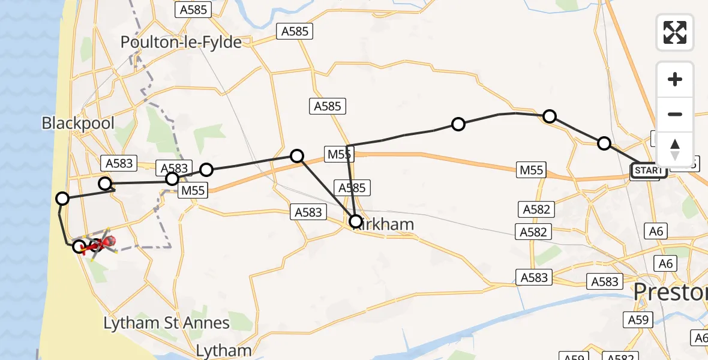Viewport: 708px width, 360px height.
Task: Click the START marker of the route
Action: point(649,170)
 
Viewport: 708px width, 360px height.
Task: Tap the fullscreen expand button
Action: point(675,32)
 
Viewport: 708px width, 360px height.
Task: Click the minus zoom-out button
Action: point(675,114)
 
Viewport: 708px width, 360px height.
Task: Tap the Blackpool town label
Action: point(78,124)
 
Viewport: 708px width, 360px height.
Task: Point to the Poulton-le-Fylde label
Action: point(181,42)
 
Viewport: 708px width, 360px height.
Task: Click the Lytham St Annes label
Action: point(166,323)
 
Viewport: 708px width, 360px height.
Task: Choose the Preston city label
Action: point(671,292)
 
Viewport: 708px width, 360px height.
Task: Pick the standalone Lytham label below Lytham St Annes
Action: point(224,350)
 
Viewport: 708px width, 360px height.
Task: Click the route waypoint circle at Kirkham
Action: point(356,221)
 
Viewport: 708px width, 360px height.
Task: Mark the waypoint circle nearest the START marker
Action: point(604,143)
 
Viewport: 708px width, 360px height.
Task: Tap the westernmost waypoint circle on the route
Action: point(62,198)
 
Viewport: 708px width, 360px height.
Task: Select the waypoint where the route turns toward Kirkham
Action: point(297,156)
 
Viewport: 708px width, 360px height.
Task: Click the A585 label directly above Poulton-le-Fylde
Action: point(191,10)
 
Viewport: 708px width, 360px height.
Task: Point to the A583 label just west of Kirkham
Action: point(308,212)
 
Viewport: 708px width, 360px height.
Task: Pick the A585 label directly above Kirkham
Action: point(352,188)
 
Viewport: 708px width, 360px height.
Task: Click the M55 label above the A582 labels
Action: point(532,170)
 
